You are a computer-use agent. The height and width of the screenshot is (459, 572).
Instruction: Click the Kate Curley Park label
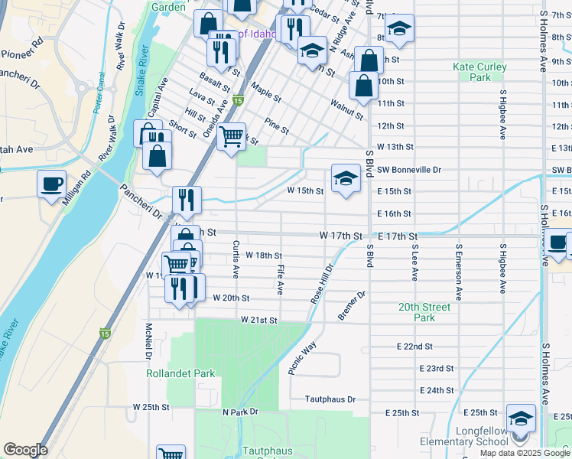(x=479, y=72)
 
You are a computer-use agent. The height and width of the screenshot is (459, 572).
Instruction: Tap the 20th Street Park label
(x=424, y=312)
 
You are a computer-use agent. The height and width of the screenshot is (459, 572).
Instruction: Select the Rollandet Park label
(x=180, y=373)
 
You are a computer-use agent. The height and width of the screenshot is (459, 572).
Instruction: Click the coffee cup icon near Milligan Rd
(x=52, y=184)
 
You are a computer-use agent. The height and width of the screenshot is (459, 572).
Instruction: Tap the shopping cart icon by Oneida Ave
(x=230, y=138)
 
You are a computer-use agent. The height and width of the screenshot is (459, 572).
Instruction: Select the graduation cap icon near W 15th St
(x=346, y=179)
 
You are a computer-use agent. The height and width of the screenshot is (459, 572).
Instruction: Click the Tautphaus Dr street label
(x=330, y=399)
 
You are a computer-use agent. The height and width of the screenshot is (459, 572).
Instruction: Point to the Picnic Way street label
(x=302, y=358)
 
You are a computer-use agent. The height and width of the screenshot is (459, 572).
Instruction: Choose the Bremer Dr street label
(x=353, y=305)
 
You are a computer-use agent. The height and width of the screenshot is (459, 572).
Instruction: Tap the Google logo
(x=25, y=450)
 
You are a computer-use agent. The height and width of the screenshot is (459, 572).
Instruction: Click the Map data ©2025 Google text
(x=524, y=453)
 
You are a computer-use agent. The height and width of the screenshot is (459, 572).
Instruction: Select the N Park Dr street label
(x=241, y=412)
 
